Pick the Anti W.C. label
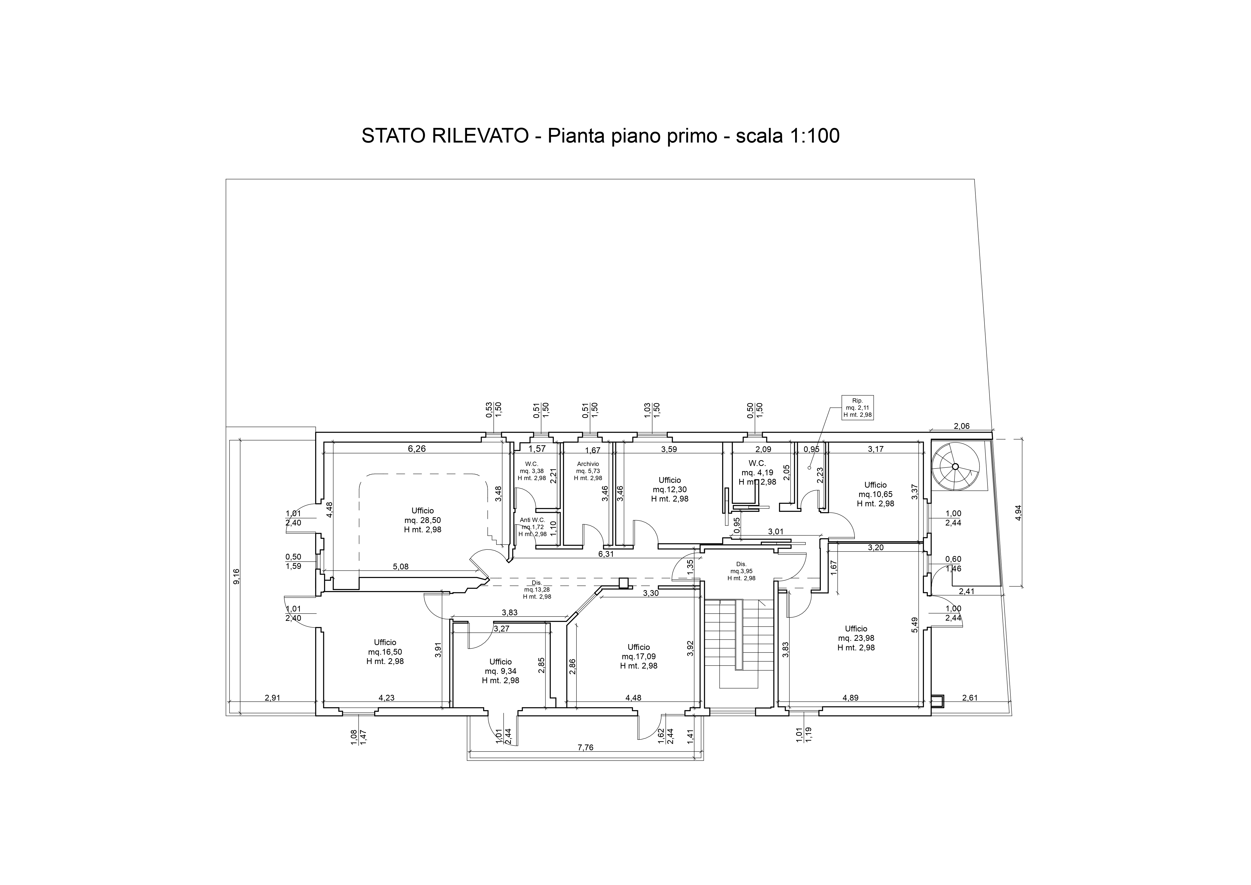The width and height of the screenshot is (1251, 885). [x=532, y=527]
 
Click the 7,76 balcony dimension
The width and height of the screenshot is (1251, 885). [x=585, y=747]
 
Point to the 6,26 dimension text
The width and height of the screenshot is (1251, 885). [x=417, y=449]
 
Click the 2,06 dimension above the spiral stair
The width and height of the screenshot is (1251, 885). [x=962, y=426]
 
